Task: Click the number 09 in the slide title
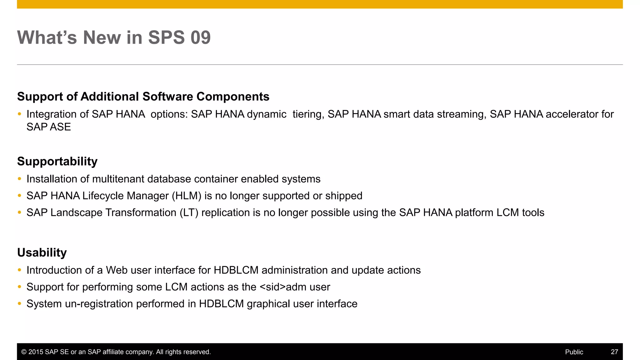(200, 37)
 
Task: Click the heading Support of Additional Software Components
(143, 97)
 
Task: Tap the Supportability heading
(57, 161)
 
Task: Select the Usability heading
(42, 252)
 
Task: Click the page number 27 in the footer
(614, 352)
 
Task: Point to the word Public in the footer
(574, 352)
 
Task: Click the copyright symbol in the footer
(24, 352)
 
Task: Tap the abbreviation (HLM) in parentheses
(187, 196)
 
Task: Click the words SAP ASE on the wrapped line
(48, 127)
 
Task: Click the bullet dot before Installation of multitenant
(19, 179)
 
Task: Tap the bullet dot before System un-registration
(19, 304)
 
